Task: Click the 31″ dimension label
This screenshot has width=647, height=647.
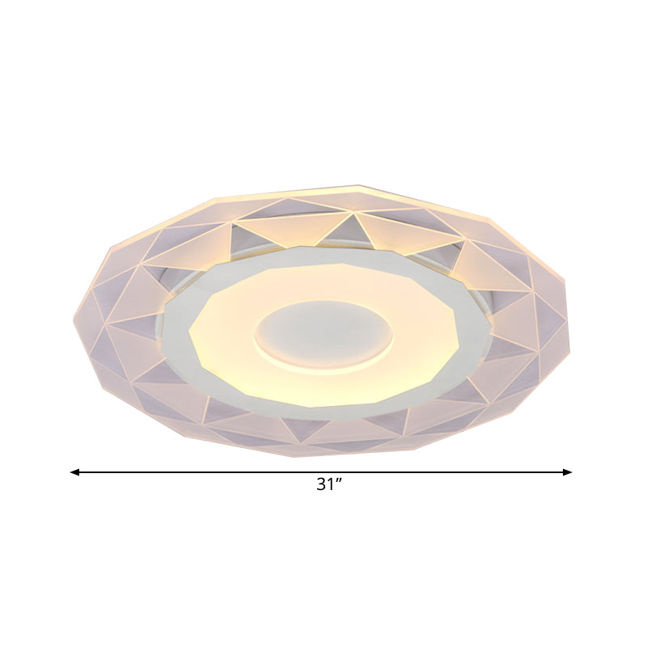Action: click(329, 485)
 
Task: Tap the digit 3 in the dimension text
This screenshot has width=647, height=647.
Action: click(321, 485)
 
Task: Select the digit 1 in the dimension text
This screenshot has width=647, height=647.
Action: click(332, 485)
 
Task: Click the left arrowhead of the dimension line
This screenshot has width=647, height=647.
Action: click(74, 472)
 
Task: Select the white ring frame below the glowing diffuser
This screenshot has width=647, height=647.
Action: click(323, 412)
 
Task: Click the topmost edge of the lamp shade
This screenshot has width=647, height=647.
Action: click(356, 188)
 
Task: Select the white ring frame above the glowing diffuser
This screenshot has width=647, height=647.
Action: click(323, 254)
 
